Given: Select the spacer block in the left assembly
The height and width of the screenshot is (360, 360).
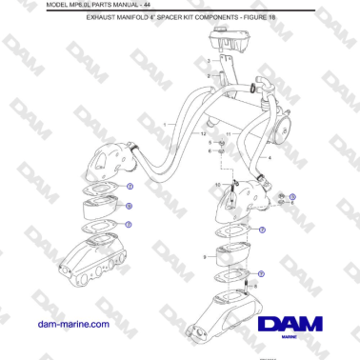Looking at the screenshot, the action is click(x=102, y=207).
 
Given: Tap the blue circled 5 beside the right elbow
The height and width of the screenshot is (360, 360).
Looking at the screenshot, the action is click(x=292, y=196).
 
